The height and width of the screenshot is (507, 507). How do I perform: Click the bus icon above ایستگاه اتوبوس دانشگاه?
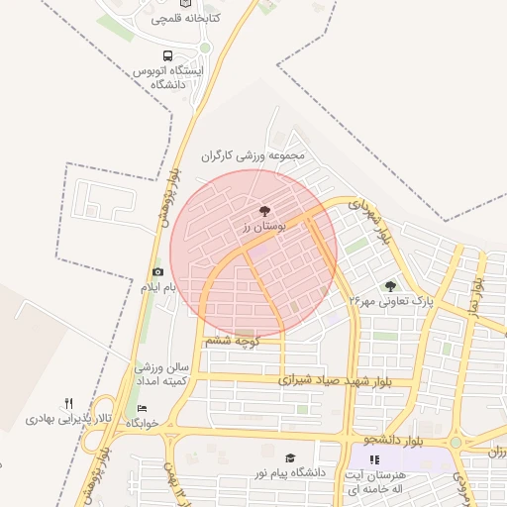[x=166, y=57]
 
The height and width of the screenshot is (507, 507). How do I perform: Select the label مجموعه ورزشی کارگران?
[x=254, y=155]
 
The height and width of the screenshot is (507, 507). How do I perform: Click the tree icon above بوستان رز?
[x=264, y=211]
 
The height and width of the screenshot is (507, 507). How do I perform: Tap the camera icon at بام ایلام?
[x=157, y=272]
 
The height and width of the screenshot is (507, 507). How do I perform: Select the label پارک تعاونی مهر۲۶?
[x=392, y=300]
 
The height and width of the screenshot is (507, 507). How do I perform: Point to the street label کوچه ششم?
[x=232, y=341]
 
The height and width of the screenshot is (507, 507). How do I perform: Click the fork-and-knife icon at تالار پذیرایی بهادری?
[x=68, y=403]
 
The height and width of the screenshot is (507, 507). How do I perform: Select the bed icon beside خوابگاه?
[x=142, y=408]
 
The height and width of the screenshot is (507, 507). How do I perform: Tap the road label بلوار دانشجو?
[x=393, y=438]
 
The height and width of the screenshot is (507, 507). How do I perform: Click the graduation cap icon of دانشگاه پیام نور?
[x=290, y=457]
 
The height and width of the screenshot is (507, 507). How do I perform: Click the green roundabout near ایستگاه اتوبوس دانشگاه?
[x=205, y=47]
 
